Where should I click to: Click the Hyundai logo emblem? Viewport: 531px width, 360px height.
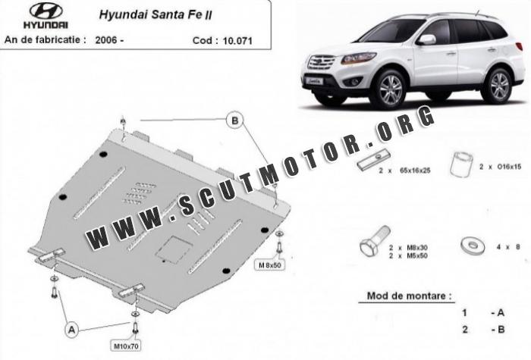click(46, 11)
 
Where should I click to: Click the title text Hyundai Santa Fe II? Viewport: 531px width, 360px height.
click(156, 15)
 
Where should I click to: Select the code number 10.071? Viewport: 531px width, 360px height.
click(237, 41)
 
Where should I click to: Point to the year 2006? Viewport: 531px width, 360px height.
click(106, 40)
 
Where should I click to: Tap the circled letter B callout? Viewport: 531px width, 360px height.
click(235, 120)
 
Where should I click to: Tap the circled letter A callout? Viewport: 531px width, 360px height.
click(72, 330)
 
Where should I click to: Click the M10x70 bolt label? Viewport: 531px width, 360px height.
click(126, 346)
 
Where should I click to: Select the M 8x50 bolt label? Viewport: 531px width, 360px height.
click(269, 265)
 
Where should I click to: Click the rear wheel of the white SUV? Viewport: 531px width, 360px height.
click(499, 86)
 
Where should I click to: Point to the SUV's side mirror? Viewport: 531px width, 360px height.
click(426, 40)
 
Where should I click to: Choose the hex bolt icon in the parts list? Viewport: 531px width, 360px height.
click(373, 243)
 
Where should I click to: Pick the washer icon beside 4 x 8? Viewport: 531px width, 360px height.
click(473, 246)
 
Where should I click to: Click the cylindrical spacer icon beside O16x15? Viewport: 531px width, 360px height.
click(461, 164)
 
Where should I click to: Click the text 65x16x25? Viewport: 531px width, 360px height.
click(415, 171)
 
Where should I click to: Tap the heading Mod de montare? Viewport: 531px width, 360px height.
click(409, 296)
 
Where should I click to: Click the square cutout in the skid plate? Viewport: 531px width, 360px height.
click(172, 249)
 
